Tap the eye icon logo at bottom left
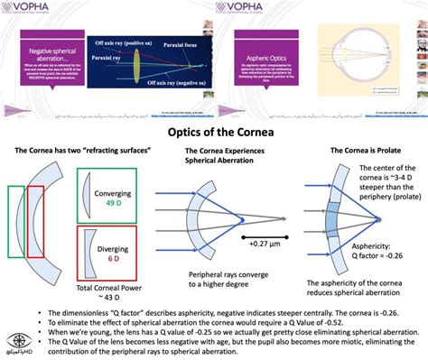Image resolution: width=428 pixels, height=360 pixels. tap(17, 345)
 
